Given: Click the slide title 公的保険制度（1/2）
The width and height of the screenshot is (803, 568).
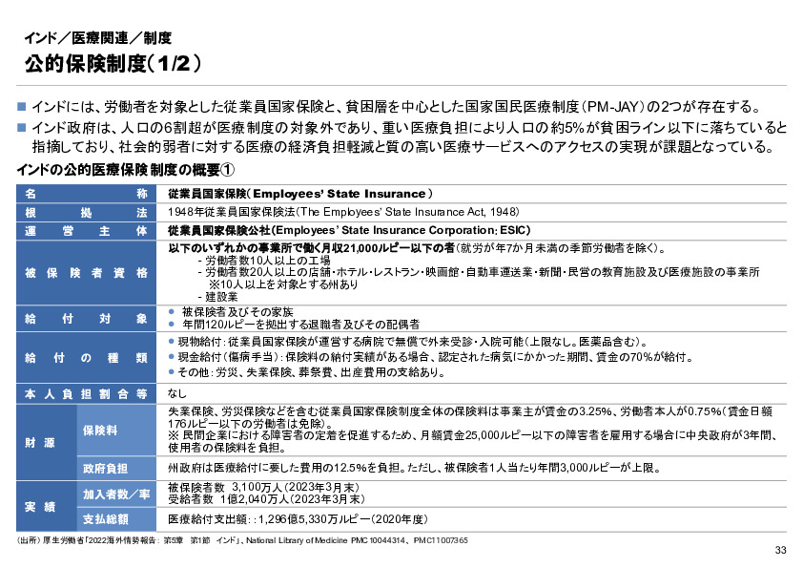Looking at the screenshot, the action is coord(113,64).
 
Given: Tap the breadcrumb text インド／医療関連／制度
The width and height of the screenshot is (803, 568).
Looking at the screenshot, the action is coord(97,39).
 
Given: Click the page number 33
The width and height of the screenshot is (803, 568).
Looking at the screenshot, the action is coord(780,550).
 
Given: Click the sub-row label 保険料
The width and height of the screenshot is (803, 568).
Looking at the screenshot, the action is coord(99,430).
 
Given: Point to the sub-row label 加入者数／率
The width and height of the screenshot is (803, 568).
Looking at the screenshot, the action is coord(115,494).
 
